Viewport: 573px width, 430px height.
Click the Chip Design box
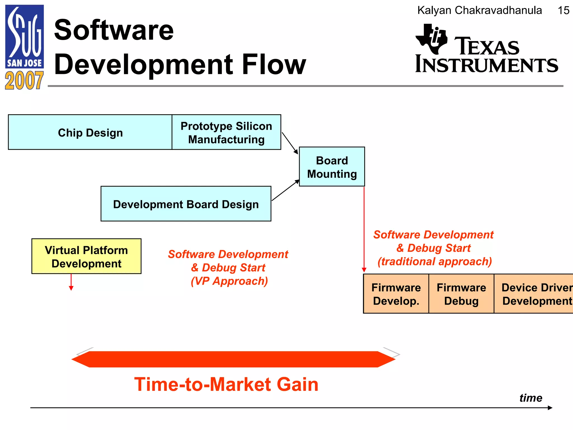(90, 132)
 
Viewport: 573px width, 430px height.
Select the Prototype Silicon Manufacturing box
(226, 132)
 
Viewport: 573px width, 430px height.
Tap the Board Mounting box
(332, 167)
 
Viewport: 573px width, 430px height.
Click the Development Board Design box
(186, 204)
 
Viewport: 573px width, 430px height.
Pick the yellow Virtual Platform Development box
(86, 256)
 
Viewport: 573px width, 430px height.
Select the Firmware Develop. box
(396, 294)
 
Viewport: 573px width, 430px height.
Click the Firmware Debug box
(461, 294)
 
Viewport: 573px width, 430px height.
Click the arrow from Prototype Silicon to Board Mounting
(290, 143)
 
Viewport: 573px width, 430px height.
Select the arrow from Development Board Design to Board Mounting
(285, 190)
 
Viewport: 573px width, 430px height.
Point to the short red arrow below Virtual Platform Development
(71, 282)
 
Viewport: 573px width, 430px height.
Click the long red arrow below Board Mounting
(364, 230)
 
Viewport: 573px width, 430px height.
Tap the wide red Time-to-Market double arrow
(233, 359)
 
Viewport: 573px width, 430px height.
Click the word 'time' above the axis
(531, 398)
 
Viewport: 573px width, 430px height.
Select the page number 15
(563, 11)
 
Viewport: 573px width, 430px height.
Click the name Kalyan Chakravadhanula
(480, 10)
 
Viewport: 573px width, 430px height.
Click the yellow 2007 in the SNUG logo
(24, 81)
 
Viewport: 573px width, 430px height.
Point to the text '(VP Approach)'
(229, 281)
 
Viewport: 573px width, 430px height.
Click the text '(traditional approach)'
(435, 261)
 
